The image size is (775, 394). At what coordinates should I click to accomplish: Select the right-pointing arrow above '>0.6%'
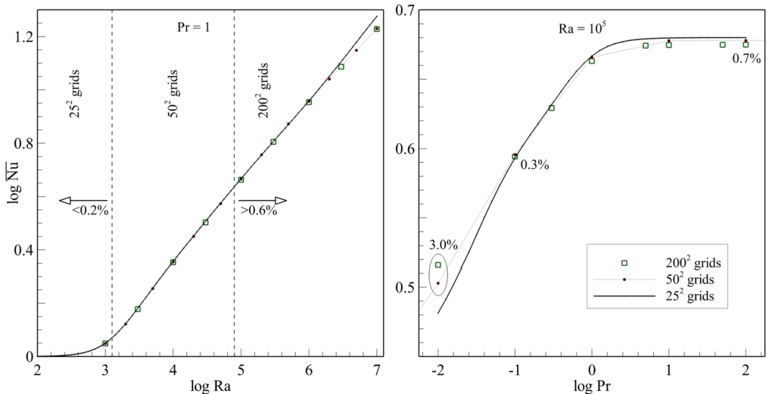(x=263, y=200)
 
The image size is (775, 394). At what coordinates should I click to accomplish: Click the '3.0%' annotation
(x=444, y=245)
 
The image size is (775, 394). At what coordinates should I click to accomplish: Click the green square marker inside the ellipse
(x=438, y=265)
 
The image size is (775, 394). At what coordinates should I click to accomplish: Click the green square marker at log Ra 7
(x=377, y=29)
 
